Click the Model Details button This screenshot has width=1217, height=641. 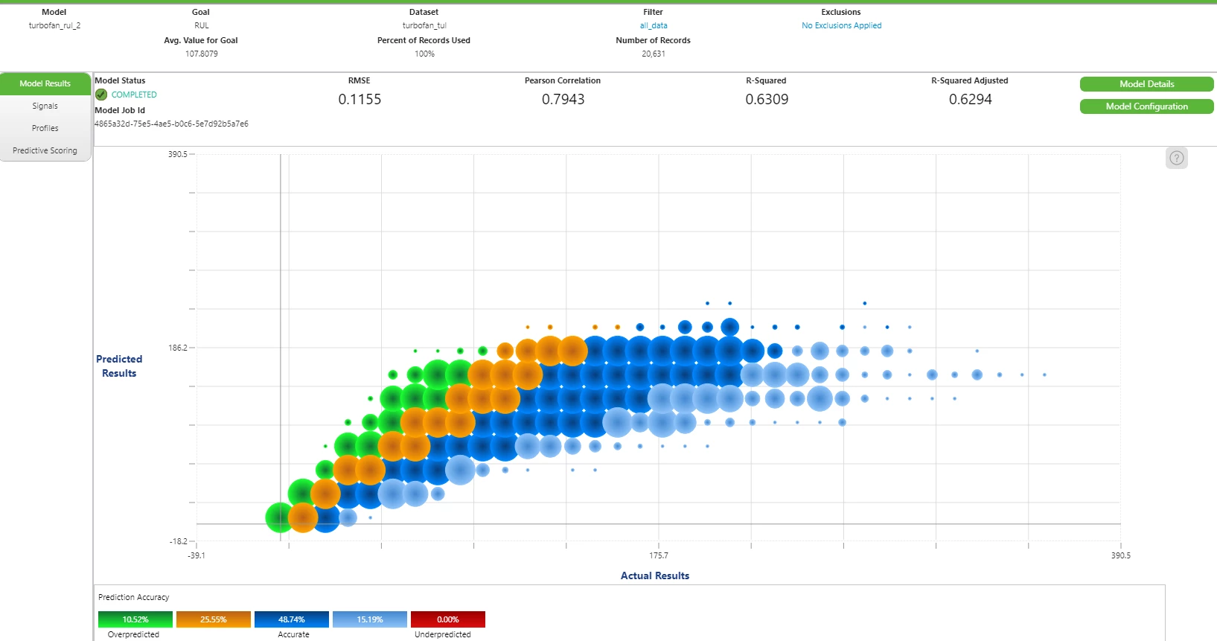(x=1146, y=84)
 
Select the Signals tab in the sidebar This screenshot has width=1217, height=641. (x=45, y=106)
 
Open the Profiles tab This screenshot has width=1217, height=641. (x=45, y=128)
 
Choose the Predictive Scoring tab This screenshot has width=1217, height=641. (x=45, y=150)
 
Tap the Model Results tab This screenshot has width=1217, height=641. (x=45, y=83)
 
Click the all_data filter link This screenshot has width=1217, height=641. (x=654, y=25)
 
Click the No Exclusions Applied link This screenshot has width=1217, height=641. (x=842, y=25)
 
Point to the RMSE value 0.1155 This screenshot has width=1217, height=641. (x=360, y=100)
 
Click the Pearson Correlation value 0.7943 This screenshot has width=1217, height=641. (x=563, y=100)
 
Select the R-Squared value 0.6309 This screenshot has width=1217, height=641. (x=767, y=100)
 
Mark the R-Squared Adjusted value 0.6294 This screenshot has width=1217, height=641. (x=971, y=100)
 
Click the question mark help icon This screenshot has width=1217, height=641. (x=1177, y=158)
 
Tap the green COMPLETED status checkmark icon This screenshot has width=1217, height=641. (x=101, y=95)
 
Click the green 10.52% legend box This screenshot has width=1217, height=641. (x=135, y=619)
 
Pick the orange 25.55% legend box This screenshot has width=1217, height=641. (x=214, y=619)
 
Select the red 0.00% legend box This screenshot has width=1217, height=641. (x=447, y=619)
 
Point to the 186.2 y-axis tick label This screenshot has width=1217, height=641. (x=178, y=348)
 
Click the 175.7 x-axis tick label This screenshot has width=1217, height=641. (x=659, y=555)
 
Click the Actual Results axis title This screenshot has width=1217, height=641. (x=655, y=575)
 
